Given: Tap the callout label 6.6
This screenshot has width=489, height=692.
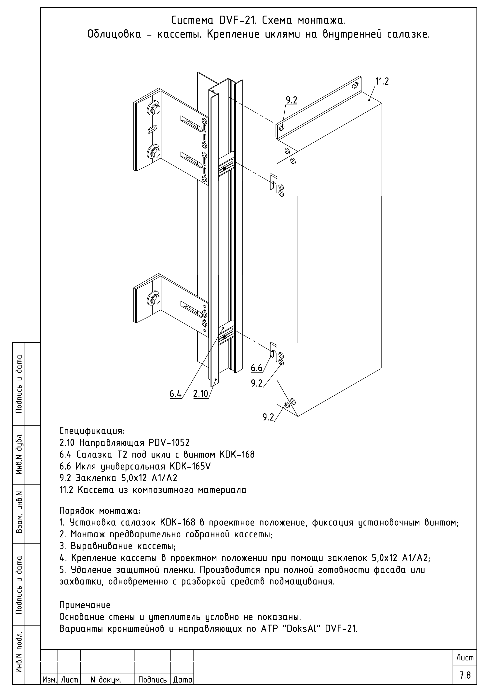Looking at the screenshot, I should [x=257, y=368].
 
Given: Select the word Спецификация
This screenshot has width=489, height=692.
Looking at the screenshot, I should [x=92, y=431].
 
